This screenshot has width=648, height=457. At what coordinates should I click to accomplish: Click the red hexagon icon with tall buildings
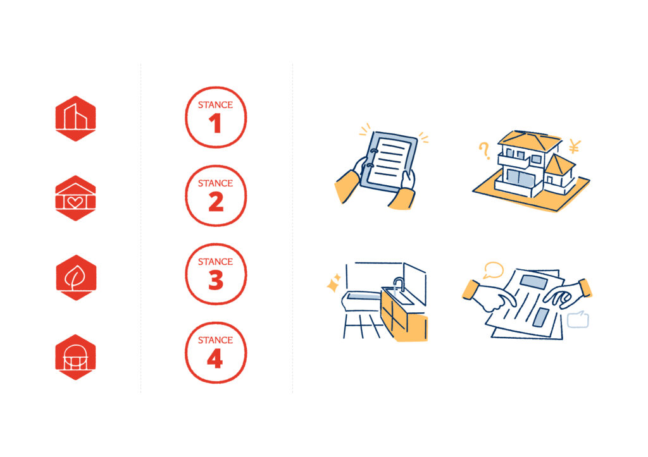point(76,118)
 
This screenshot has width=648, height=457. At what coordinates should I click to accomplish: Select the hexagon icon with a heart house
point(76,198)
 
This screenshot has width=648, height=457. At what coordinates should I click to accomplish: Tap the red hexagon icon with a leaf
point(76,277)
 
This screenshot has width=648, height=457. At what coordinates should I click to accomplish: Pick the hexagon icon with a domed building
point(76,357)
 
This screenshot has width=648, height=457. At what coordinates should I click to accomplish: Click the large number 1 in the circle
point(215,123)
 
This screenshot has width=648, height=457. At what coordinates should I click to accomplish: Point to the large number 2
point(216,202)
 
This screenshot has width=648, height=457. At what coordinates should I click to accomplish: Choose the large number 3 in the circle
point(216,280)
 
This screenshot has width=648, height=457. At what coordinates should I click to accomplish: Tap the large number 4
point(215,358)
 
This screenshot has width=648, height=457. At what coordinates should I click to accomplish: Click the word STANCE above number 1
point(215,105)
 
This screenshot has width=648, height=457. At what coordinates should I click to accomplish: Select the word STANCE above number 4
point(215,340)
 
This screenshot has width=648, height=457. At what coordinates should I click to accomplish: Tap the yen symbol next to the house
point(575,146)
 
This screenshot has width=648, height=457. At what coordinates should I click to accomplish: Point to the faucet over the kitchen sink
point(398,284)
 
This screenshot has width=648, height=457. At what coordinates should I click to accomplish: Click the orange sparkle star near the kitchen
point(333,284)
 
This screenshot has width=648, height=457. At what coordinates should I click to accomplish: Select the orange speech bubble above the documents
point(494,271)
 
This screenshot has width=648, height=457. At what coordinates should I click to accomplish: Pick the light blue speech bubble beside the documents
point(578,319)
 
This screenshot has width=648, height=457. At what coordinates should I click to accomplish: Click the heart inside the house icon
point(75,202)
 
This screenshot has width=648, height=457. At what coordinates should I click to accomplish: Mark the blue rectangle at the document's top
point(534,282)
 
